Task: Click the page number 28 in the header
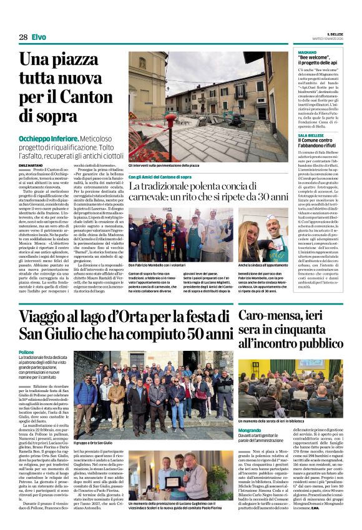[23, 37]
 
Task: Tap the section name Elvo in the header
[39, 37]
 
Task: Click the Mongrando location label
[254, 413]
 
